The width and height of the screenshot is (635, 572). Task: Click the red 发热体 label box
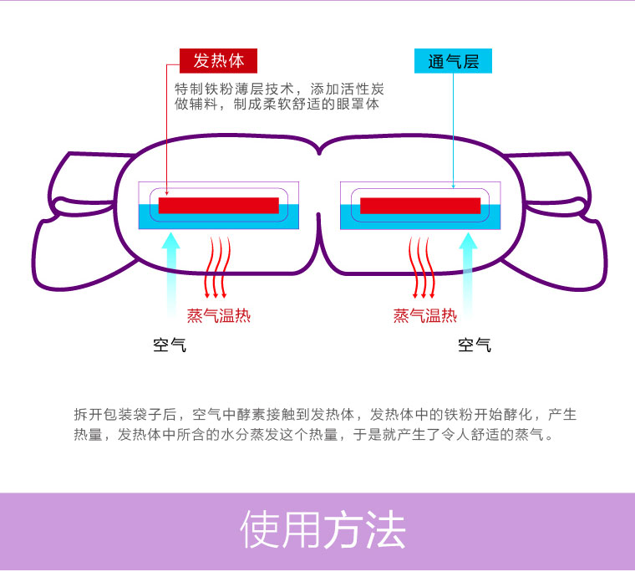[x=218, y=61]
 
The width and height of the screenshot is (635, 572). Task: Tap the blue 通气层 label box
[x=453, y=61]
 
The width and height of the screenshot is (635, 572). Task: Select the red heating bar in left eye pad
[x=218, y=206]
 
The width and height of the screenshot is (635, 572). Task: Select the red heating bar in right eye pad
[x=420, y=206]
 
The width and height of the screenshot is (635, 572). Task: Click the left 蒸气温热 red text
[x=219, y=315]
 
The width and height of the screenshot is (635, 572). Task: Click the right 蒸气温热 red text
[x=425, y=315]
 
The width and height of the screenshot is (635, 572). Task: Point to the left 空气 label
[x=170, y=345]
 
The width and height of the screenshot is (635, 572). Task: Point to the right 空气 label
[x=475, y=345]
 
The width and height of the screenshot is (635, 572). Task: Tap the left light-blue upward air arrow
[x=170, y=268]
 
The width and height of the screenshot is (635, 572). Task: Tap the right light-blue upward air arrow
[x=469, y=268]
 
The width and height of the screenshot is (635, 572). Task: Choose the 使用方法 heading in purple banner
[x=323, y=530]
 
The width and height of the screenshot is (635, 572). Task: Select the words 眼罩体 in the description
[x=358, y=105]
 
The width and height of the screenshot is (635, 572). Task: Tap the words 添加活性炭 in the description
[x=348, y=88]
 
